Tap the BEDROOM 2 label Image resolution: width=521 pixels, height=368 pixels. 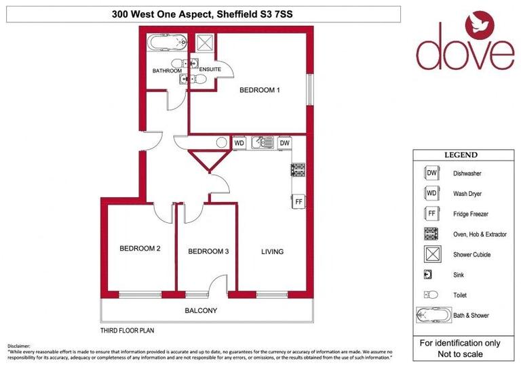(140, 249)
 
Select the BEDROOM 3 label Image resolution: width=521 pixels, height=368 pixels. (208, 251)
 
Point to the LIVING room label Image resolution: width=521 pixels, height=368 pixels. (272, 251)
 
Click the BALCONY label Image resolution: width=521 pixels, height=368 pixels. (201, 311)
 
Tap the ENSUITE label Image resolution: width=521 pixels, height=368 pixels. (210, 70)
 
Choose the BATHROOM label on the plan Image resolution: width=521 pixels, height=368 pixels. (166, 70)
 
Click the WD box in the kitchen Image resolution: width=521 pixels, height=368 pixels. (239, 144)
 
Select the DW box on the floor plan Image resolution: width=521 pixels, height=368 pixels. (284, 144)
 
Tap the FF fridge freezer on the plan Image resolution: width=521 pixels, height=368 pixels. (298, 201)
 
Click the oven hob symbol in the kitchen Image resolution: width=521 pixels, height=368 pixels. (298, 170)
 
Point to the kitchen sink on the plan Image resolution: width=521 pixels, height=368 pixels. (262, 144)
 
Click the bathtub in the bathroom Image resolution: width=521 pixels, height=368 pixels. (167, 44)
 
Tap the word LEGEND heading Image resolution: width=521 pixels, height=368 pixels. (461, 155)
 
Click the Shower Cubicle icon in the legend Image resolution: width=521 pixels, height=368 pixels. (430, 255)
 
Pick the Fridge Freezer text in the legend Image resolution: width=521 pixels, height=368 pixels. (471, 214)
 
